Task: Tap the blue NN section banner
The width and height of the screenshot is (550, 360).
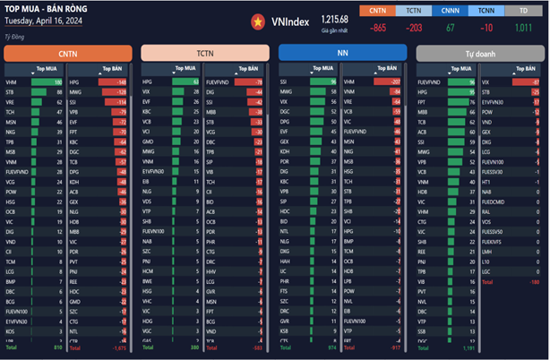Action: [342, 54]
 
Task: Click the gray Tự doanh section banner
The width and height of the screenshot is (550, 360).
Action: [479, 54]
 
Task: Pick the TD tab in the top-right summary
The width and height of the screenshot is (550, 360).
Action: [522, 11]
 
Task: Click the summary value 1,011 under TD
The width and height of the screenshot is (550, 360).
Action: [522, 28]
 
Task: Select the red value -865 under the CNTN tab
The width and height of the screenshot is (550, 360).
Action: [378, 28]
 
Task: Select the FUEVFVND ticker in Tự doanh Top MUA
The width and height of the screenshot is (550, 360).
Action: [427, 81]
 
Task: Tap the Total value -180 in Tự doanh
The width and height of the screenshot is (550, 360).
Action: [532, 281]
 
